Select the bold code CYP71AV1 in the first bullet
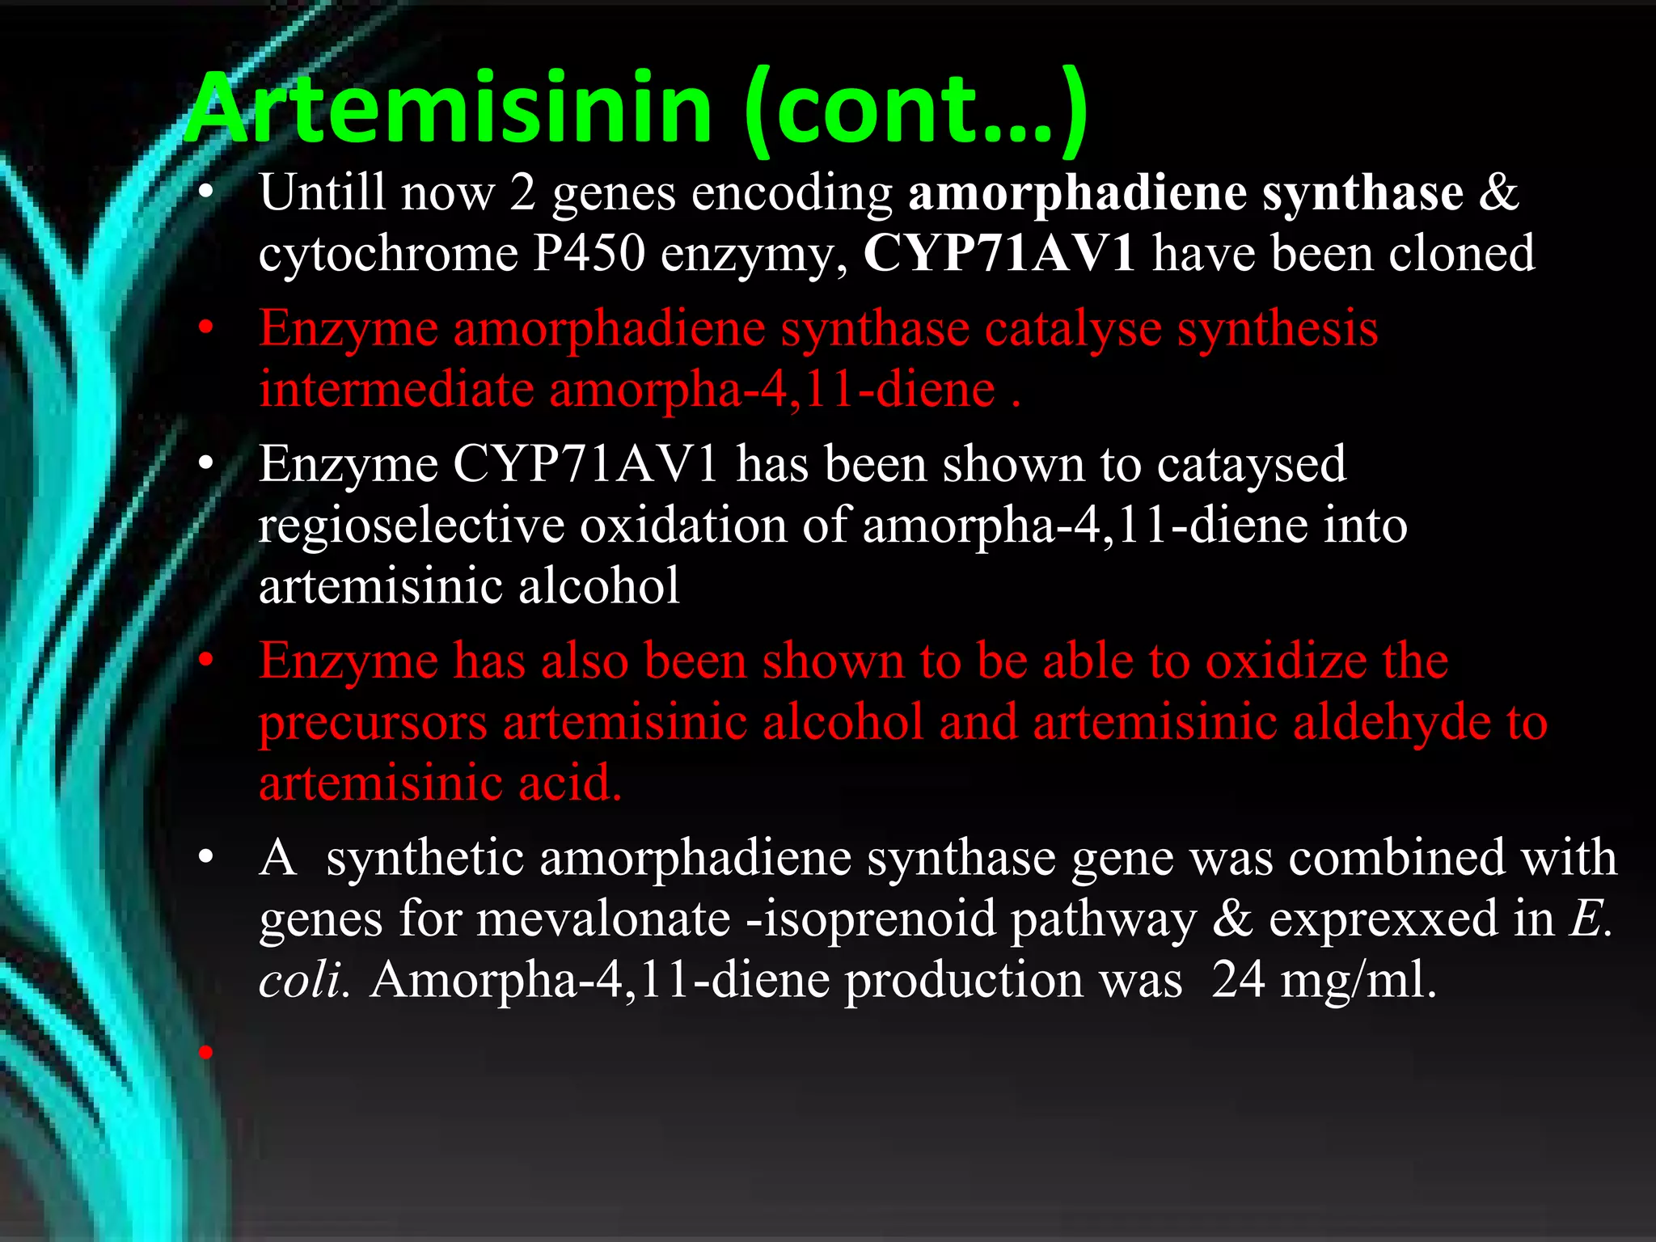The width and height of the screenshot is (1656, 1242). (999, 253)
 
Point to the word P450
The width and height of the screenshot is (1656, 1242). (589, 253)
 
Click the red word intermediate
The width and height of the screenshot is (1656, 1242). (396, 390)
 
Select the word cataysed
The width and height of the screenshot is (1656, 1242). (1251, 465)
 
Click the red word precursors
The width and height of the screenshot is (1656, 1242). (373, 723)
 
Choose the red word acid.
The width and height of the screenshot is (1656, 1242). (569, 783)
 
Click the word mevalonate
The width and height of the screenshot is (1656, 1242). (603, 919)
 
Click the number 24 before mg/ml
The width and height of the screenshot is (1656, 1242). (1238, 979)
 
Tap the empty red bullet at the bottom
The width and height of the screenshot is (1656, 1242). (206, 1051)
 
